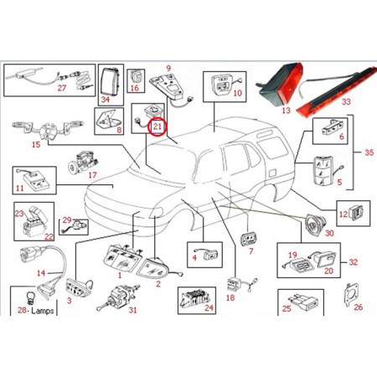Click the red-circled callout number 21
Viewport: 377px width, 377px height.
click(157, 127)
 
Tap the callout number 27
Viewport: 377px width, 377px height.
click(61, 87)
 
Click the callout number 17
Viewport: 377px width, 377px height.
click(92, 175)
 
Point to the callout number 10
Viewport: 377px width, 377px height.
click(237, 94)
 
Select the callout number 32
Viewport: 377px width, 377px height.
click(354, 262)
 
